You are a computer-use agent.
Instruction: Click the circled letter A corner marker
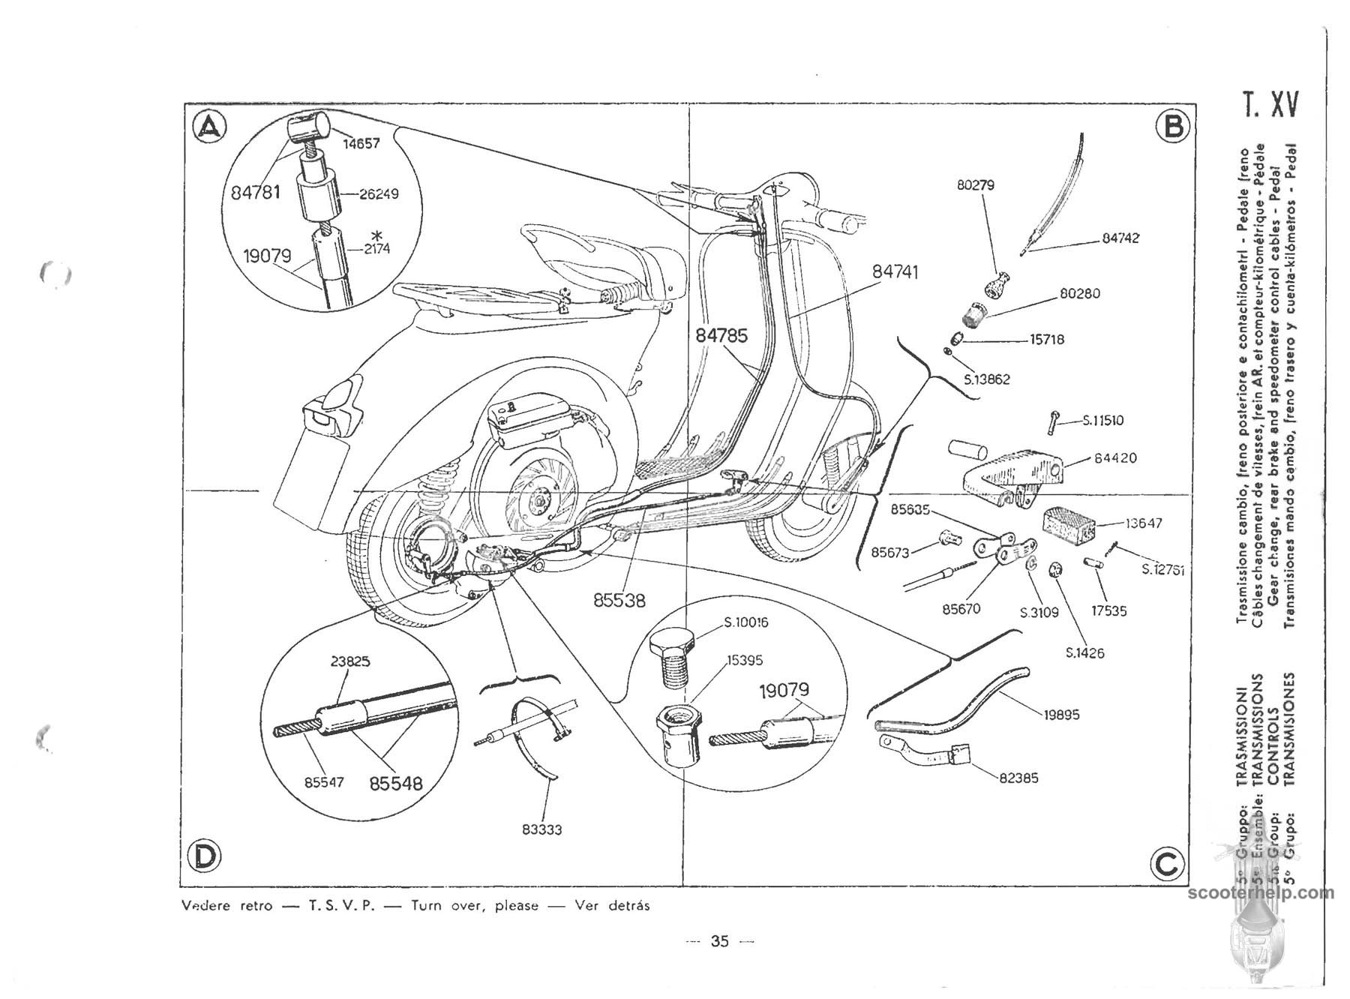[209, 128]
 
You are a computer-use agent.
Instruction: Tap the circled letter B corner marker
[1172, 126]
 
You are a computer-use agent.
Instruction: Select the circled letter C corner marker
[1167, 865]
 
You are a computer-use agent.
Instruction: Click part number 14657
[361, 143]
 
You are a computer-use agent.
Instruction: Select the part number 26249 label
[379, 193]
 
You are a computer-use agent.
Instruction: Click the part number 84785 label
[721, 335]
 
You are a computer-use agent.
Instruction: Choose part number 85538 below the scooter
[619, 600]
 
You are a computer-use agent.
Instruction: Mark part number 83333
[542, 829]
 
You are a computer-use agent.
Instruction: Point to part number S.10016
[745, 622]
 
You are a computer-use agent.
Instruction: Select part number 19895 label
[1061, 715]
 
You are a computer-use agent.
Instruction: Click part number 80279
[975, 184]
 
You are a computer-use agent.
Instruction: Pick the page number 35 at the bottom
[719, 941]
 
